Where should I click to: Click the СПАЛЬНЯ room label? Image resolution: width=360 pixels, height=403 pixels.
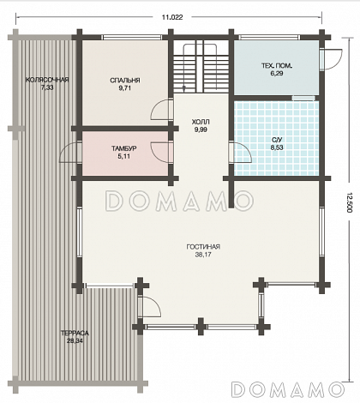(125, 81)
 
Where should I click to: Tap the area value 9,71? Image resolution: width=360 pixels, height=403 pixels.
(125, 88)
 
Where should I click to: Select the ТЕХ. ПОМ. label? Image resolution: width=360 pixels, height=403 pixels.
(277, 66)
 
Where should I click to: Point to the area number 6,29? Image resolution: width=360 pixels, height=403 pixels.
(277, 74)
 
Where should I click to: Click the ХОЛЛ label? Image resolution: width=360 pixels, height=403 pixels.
(201, 122)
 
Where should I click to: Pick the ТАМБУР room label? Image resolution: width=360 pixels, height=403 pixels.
(124, 148)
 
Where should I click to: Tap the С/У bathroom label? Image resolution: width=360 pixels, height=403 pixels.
(277, 140)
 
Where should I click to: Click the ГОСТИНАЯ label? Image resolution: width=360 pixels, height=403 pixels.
(203, 247)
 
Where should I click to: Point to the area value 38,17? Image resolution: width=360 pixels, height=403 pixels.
(203, 255)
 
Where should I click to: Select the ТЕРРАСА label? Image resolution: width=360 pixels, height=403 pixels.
(75, 334)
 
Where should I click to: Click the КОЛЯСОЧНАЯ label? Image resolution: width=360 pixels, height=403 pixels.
(47, 80)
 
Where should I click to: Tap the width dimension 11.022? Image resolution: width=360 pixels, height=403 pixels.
(172, 17)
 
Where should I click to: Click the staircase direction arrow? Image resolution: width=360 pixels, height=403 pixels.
(183, 87)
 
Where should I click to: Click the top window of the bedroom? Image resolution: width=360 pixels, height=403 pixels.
(132, 37)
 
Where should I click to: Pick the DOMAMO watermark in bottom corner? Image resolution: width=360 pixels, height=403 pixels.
(288, 389)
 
